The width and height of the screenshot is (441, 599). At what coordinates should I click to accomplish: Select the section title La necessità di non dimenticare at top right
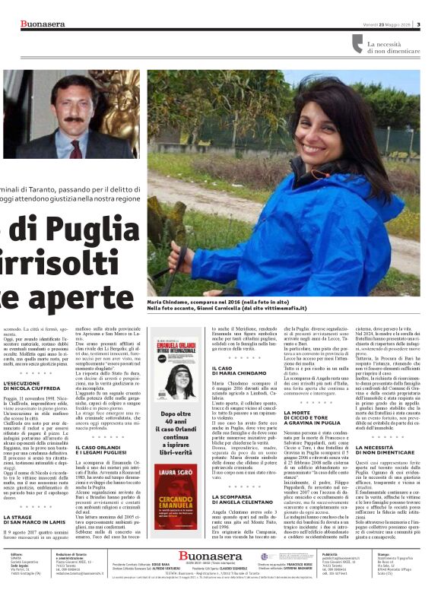click(395, 48)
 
